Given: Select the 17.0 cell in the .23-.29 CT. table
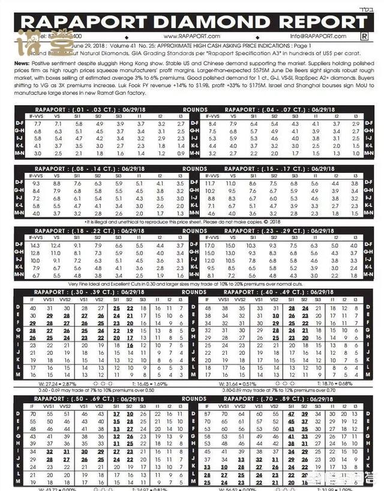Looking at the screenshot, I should pos(210,245).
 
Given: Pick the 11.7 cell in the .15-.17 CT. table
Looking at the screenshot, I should pos(210,183).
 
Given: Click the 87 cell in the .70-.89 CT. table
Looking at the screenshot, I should pos(209,414).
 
